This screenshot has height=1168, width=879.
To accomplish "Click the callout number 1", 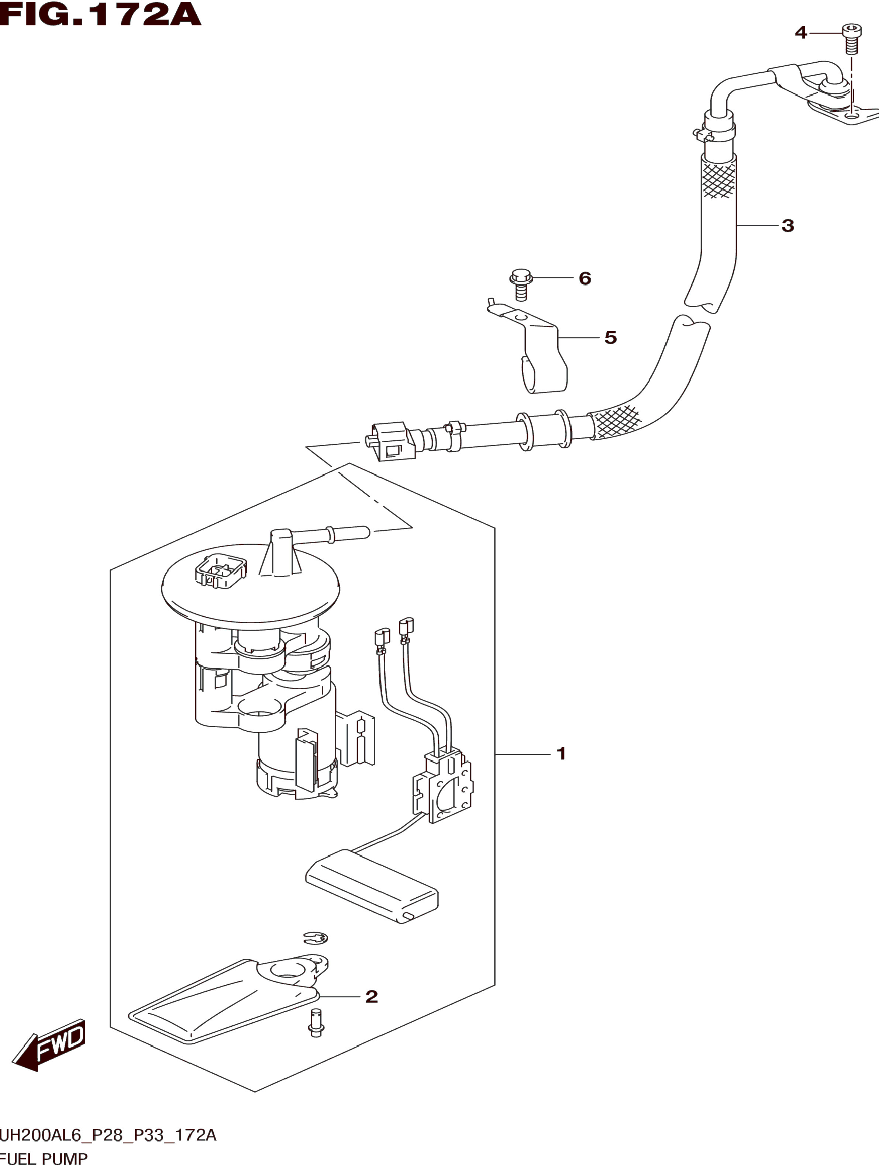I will [561, 753].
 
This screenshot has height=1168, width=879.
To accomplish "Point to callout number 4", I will [801, 33].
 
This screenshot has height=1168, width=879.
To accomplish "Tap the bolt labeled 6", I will [521, 285].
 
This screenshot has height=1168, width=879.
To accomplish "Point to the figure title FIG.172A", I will [100, 14].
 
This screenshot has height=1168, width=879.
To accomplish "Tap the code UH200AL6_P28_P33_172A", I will [108, 1135].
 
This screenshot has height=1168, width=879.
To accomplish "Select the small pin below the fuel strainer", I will [316, 1022].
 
